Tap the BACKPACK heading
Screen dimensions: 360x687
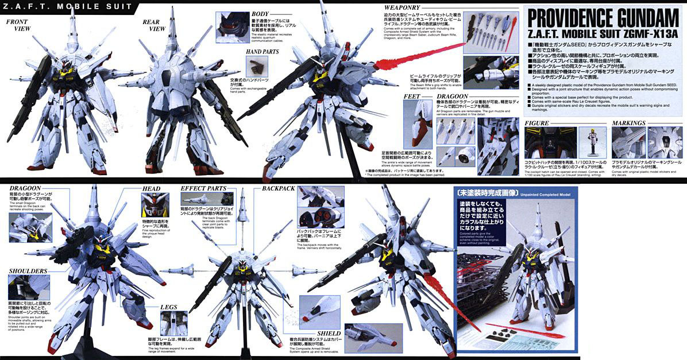(279, 188)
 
